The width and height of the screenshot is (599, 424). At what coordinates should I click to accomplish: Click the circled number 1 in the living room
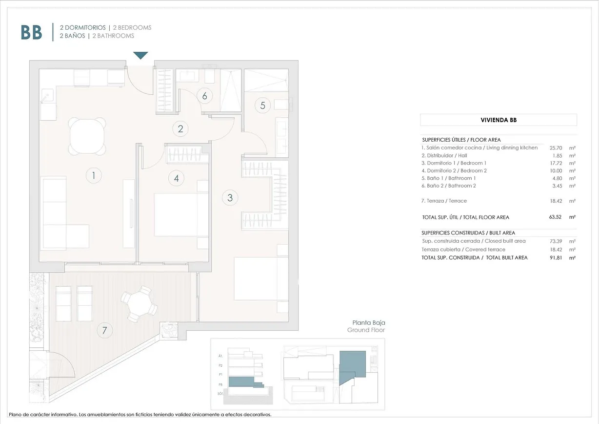point(93,175)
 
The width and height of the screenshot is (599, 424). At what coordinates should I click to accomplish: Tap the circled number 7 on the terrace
point(104,330)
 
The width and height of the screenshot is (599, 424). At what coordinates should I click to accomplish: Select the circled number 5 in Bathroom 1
point(263,105)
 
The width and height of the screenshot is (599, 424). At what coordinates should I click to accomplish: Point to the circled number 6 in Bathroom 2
point(204,96)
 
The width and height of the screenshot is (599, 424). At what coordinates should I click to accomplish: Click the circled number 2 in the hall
point(180,129)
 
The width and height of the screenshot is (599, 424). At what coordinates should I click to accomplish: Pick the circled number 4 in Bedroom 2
point(176,178)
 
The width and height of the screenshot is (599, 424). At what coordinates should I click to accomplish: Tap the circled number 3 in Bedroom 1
point(230,198)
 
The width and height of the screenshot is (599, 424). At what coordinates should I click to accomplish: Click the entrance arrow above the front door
point(140,55)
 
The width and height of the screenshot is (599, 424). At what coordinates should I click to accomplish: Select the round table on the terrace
point(140,305)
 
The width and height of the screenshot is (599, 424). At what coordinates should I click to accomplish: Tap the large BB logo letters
point(31,32)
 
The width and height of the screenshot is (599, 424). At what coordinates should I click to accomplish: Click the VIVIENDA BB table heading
point(498,120)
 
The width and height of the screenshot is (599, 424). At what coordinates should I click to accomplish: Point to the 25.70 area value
point(557,148)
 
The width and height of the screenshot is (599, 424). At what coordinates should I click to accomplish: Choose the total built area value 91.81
point(557,257)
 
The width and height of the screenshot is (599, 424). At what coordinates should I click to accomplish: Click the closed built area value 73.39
point(557,241)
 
